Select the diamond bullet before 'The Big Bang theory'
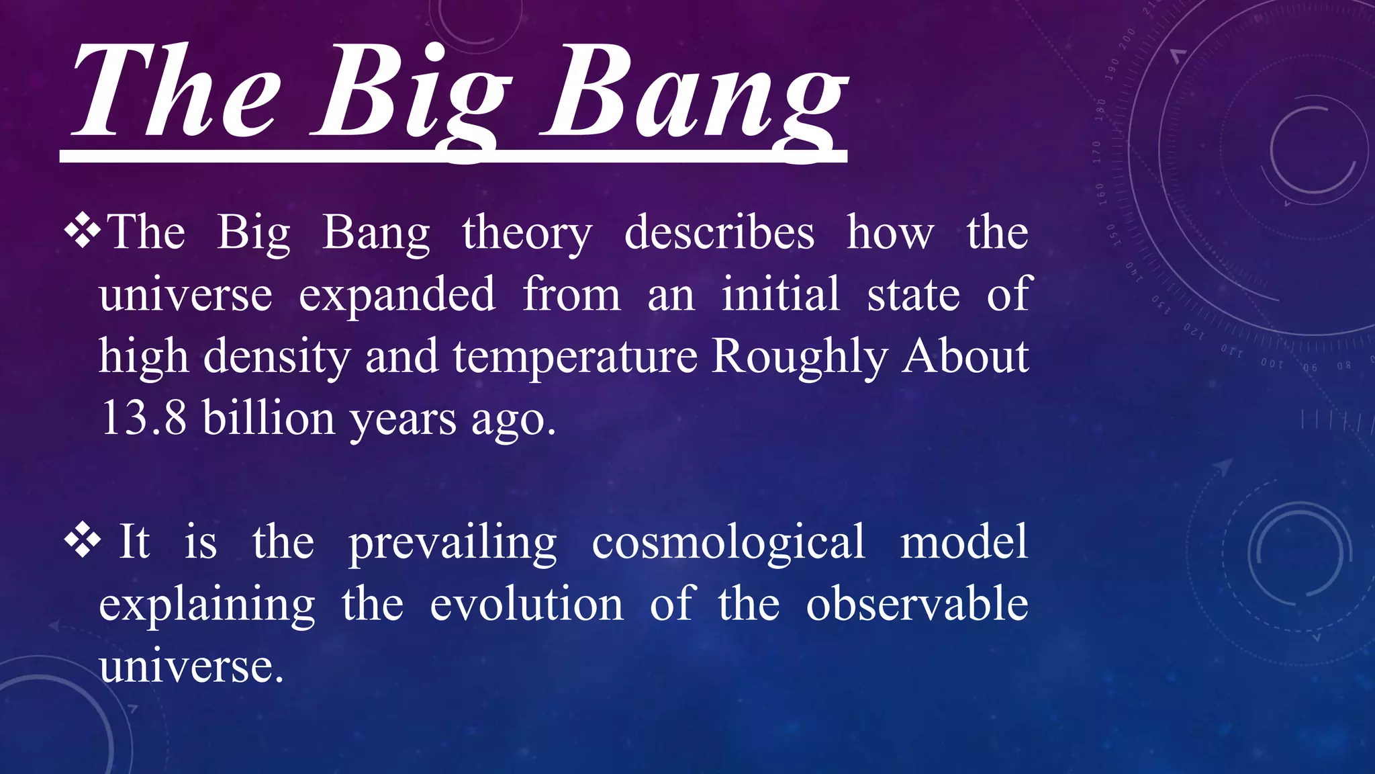tap(82, 232)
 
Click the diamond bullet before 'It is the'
tap(82, 541)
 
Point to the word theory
tap(527, 233)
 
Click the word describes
tap(719, 233)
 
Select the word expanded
tap(397, 295)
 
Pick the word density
tap(277, 357)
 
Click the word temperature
tap(575, 357)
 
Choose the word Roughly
tap(800, 357)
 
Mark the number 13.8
tap(143, 418)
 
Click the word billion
tap(269, 418)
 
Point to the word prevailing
tap(453, 543)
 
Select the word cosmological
tap(728, 543)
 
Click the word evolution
tap(527, 603)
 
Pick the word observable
tap(917, 603)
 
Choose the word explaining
tap(207, 605)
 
